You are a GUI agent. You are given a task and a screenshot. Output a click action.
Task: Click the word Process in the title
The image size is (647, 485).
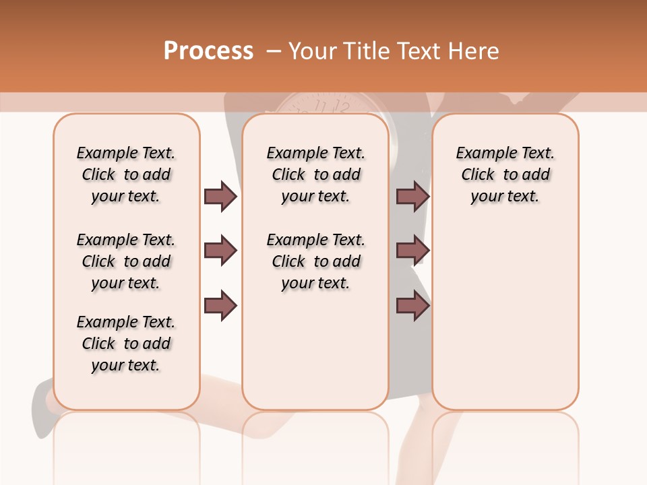[x=208, y=51]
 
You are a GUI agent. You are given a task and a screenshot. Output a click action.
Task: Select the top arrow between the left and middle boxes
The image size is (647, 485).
[x=220, y=196]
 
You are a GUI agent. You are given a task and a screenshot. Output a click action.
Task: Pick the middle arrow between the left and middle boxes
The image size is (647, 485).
[x=220, y=251]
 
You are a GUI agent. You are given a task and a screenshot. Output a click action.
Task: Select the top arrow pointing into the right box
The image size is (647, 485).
[x=412, y=196]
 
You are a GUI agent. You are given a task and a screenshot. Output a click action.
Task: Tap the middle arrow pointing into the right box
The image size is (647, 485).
[x=412, y=251]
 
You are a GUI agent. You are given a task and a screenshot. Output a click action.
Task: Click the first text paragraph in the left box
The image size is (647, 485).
[x=126, y=174]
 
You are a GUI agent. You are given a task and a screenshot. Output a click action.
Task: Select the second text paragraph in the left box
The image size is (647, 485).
[x=126, y=261]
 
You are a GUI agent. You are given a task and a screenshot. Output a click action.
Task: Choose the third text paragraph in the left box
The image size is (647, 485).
[x=126, y=344]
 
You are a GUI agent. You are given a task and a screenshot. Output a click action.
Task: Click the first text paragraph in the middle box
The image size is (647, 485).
[x=315, y=174]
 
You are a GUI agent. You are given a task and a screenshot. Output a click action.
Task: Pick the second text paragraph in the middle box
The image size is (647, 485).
[x=315, y=261]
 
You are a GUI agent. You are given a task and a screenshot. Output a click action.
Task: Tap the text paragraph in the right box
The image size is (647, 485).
[x=505, y=174]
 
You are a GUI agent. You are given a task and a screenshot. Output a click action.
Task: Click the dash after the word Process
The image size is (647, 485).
[x=274, y=51]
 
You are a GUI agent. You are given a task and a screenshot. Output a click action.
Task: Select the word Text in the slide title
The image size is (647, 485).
[x=413, y=51]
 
